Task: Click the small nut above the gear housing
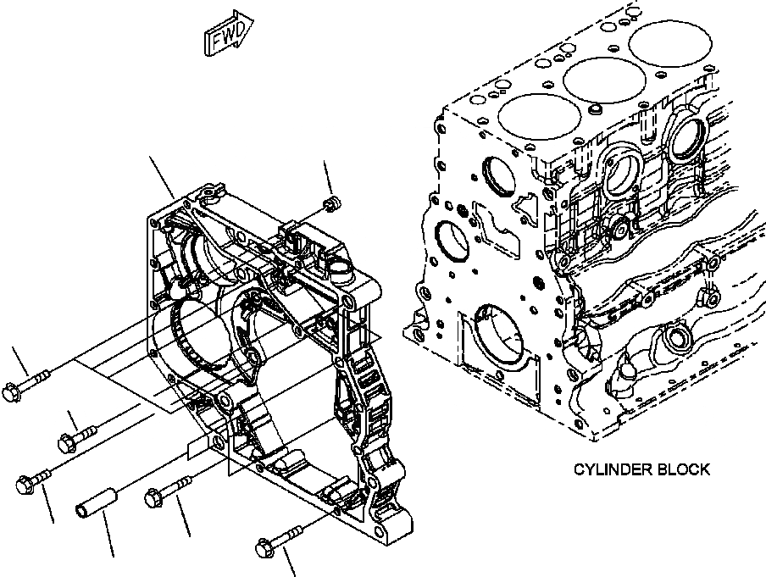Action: coord(333,203)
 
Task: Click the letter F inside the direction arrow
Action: coord(217,39)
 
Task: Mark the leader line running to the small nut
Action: coord(328,178)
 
